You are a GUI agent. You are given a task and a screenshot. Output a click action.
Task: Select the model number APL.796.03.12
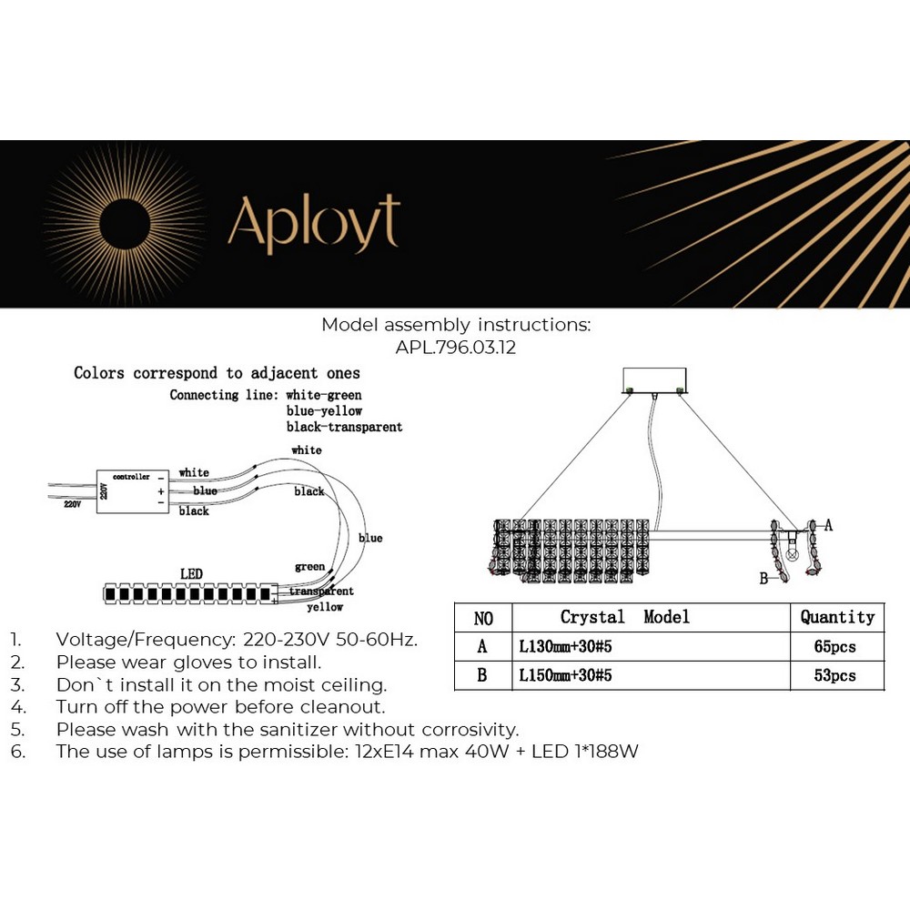tap(455, 348)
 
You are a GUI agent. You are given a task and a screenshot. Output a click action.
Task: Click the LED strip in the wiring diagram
tap(190, 595)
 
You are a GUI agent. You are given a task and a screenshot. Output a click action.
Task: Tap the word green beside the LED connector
tap(309, 567)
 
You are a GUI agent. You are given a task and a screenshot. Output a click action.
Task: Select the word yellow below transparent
tap(325, 607)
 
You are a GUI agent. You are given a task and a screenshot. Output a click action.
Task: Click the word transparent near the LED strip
tap(321, 591)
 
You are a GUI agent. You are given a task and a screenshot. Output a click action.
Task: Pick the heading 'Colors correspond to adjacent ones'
tap(217, 373)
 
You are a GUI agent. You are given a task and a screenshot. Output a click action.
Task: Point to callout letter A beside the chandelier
tap(828, 525)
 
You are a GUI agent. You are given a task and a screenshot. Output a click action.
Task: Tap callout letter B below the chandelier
tap(763, 578)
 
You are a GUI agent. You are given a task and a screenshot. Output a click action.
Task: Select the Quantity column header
tap(837, 618)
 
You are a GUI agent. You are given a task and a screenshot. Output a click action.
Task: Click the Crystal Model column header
tap(624, 618)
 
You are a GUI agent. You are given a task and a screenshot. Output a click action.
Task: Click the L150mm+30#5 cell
tap(565, 676)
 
